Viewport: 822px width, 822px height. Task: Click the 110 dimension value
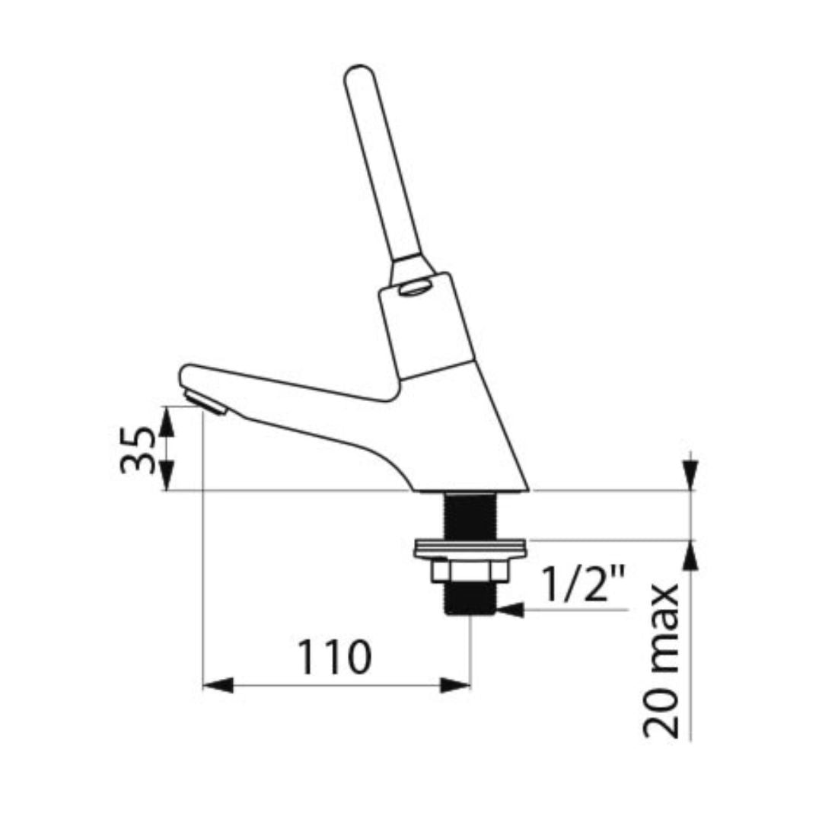point(334,656)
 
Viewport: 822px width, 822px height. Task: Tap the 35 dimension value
point(138,450)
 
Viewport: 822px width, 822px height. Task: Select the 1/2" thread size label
point(582,581)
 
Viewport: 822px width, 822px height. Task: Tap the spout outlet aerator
point(205,403)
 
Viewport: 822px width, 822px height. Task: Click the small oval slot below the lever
point(414,288)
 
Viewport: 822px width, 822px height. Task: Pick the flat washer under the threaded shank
point(469,548)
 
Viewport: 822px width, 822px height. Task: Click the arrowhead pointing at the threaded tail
point(510,610)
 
